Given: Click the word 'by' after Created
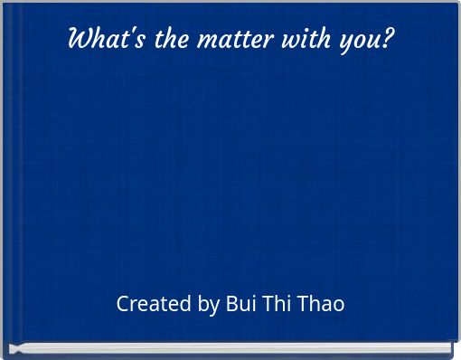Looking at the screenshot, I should click(208, 305).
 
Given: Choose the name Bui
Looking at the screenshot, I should click(240, 304).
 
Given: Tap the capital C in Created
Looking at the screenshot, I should click(123, 304).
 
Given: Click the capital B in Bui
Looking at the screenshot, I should click(230, 304).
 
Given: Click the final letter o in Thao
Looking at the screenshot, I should click(339, 305).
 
